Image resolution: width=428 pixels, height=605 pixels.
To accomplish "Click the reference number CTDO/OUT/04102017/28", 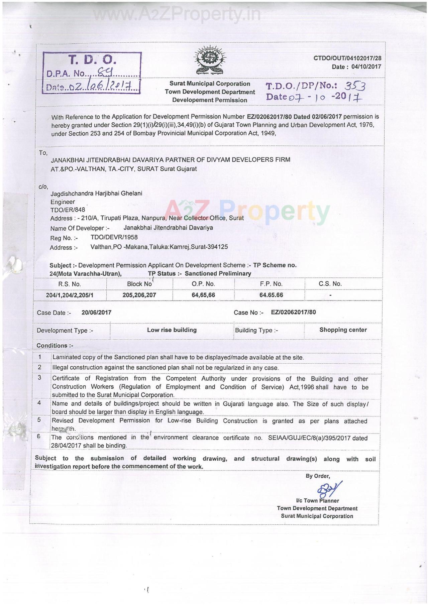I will click(347, 58).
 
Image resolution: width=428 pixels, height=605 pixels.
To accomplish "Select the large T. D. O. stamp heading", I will click(92, 60).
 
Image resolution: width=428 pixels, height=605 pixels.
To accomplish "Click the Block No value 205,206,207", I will click(139, 295).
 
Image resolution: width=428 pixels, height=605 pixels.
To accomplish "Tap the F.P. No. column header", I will click(271, 284).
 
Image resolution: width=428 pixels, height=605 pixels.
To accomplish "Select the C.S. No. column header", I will click(330, 284).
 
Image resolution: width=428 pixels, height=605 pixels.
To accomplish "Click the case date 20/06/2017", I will click(96, 313).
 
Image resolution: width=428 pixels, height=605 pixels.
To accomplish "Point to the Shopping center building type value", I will click(343, 330).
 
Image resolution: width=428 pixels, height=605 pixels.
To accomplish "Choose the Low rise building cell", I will click(172, 330).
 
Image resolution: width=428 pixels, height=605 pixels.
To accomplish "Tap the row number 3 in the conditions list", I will click(39, 378).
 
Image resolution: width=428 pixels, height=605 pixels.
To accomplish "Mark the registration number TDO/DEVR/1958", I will click(114, 237).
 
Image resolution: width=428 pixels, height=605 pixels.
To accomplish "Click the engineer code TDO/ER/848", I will click(68, 210).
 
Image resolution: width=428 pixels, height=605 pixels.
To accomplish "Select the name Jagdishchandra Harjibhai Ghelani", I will click(96, 193).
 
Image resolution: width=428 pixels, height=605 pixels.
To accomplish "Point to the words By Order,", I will click(318, 476).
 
